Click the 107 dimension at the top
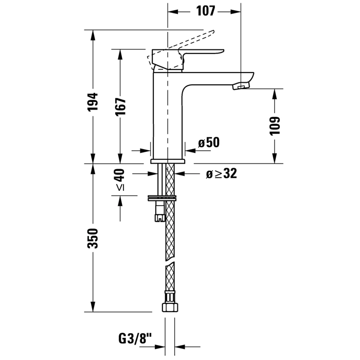tap(206, 11)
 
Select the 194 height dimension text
tap(93, 102)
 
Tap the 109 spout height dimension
tap(275, 126)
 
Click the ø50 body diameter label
tap(209, 142)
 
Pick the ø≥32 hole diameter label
tap(221, 174)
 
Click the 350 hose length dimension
tap(93, 238)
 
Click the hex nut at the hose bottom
tap(170, 308)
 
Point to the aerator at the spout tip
tap(241, 86)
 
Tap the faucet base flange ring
tap(168, 161)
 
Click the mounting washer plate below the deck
tap(162, 198)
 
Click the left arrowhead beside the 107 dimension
tap(173, 12)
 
